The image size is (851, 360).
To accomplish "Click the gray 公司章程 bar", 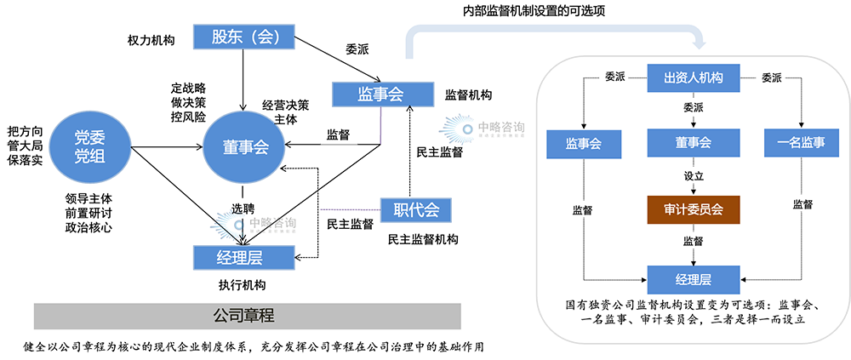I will point(247,316).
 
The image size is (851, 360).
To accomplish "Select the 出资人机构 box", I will point(693,77).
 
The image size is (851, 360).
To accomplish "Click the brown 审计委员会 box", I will point(693,208).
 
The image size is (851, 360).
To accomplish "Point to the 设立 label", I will point(693,176).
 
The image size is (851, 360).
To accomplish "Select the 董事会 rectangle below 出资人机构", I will point(693,143).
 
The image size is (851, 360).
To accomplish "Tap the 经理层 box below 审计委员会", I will point(693,278).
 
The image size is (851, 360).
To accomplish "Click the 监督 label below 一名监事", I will point(802,204).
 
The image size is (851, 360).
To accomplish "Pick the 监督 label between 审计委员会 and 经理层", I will point(693,242).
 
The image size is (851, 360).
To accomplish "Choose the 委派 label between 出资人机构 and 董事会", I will point(693,108).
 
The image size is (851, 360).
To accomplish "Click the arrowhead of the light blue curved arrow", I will point(700,44).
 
